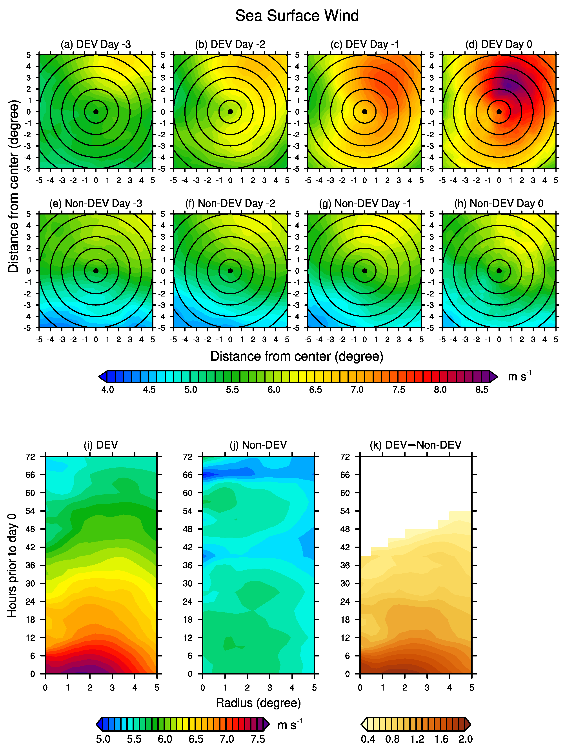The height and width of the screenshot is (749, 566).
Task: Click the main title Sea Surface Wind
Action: coord(297,16)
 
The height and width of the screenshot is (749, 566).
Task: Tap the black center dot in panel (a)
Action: coord(96,112)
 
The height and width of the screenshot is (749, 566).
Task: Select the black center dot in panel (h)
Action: coord(499,271)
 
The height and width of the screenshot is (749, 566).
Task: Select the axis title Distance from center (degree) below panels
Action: coord(297,356)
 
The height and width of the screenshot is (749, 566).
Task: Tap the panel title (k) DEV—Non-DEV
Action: coord(416,445)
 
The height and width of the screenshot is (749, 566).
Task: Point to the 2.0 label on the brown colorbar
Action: coord(465,739)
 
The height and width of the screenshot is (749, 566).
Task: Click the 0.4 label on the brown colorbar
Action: coord(368,739)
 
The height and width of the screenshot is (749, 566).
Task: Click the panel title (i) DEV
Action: coord(101,445)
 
